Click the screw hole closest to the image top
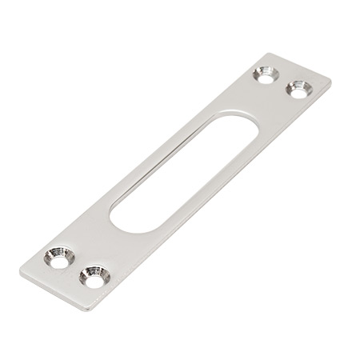click(264, 74)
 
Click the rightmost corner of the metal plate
click(331, 80)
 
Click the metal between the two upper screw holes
click(281, 81)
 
